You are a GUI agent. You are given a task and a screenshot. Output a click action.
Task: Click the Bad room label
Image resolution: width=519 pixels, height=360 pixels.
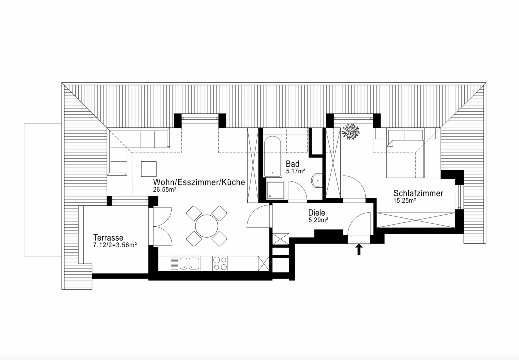click(292, 164)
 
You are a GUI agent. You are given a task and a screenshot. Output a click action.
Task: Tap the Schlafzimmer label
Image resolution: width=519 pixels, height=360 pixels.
click(418, 193)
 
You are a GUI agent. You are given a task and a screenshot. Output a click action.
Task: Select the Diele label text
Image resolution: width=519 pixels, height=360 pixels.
click(316, 213)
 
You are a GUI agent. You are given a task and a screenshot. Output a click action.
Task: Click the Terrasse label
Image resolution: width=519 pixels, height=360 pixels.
click(108, 238)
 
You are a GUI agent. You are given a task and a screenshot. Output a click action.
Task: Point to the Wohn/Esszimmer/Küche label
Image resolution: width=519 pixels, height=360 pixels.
click(199, 183)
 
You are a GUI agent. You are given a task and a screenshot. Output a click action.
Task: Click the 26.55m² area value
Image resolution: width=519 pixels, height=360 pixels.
click(165, 190)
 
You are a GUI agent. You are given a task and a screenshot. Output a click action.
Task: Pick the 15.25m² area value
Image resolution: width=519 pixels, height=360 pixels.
click(404, 201)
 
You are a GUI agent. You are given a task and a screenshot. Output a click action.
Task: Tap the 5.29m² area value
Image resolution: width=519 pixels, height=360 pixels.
click(318, 220)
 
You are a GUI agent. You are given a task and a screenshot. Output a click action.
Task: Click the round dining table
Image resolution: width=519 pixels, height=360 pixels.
click(206, 225)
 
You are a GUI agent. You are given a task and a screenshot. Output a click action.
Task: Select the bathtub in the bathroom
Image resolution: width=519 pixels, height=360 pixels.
click(273, 156)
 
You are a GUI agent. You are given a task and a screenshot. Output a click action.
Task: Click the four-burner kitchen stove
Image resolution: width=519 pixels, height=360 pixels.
click(220, 263)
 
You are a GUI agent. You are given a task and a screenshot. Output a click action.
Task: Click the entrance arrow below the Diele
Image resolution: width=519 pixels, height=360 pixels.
click(359, 249)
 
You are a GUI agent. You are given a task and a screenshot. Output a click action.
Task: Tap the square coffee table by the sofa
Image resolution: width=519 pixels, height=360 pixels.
click(149, 169)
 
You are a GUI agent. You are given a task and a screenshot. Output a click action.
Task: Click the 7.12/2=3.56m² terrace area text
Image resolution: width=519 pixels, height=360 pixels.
click(115, 245)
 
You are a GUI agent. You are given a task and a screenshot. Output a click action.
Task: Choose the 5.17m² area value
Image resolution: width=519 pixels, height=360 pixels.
click(296, 172)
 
